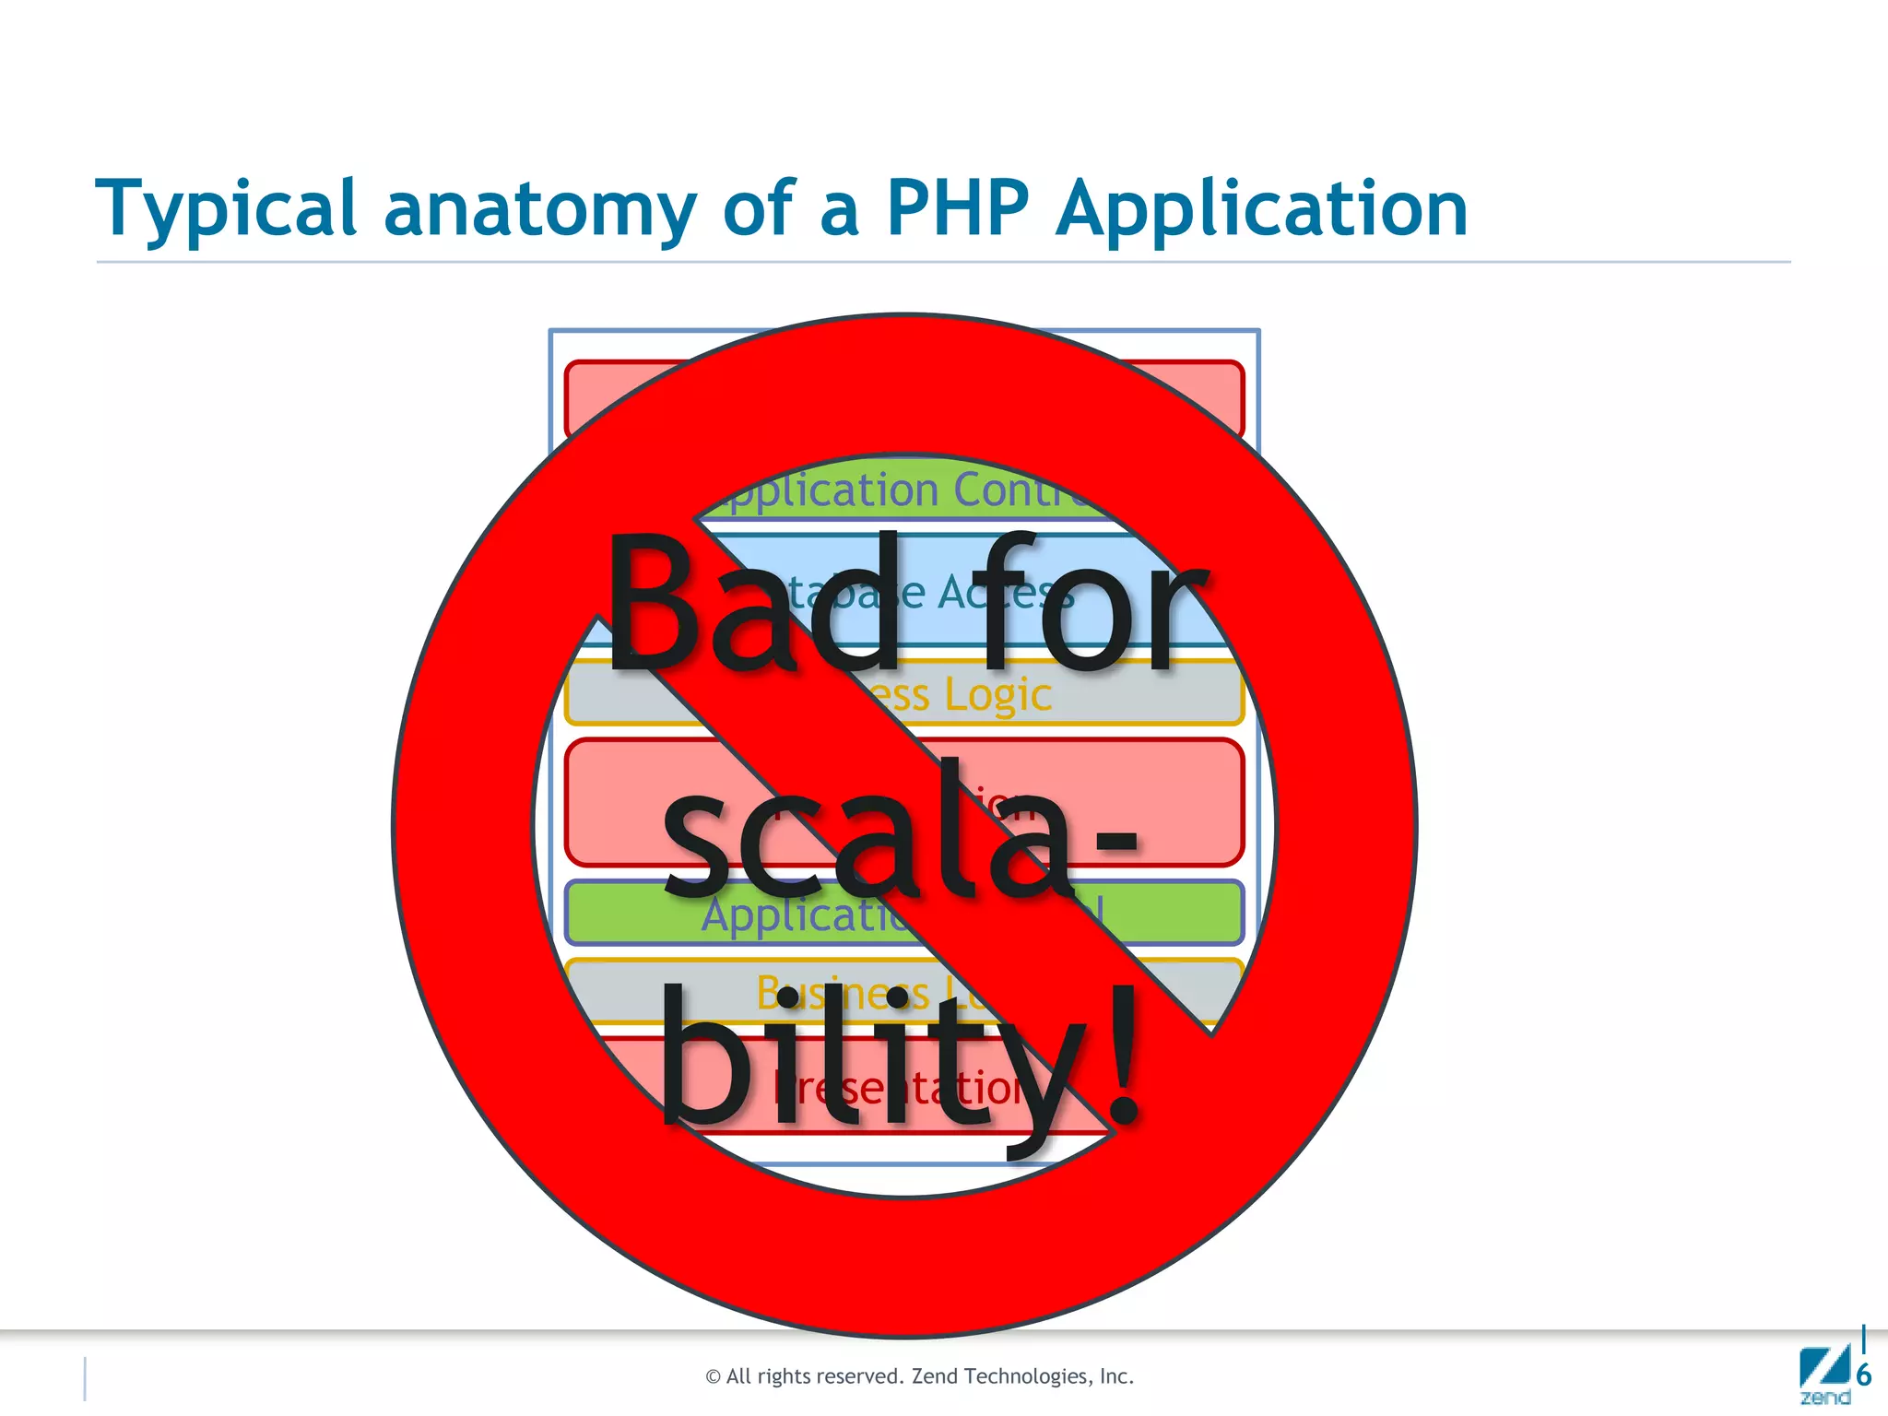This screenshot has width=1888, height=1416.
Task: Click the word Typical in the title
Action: pyautogui.click(x=226, y=209)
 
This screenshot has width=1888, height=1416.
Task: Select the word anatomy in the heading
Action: pyautogui.click(x=539, y=209)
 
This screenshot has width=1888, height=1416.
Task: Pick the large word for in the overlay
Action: pyautogui.click(x=1092, y=604)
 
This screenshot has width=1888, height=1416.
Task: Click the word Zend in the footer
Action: pyautogui.click(x=935, y=1376)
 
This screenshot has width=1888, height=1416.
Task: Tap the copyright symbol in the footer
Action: pyautogui.click(x=713, y=1377)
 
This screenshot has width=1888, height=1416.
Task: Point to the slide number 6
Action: pyautogui.click(x=1863, y=1375)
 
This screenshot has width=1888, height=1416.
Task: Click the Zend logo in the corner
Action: pyautogui.click(x=1824, y=1376)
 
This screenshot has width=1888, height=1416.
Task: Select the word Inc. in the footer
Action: pyautogui.click(x=1115, y=1376)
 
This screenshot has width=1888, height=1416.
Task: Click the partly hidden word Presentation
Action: pyautogui.click(x=899, y=1089)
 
